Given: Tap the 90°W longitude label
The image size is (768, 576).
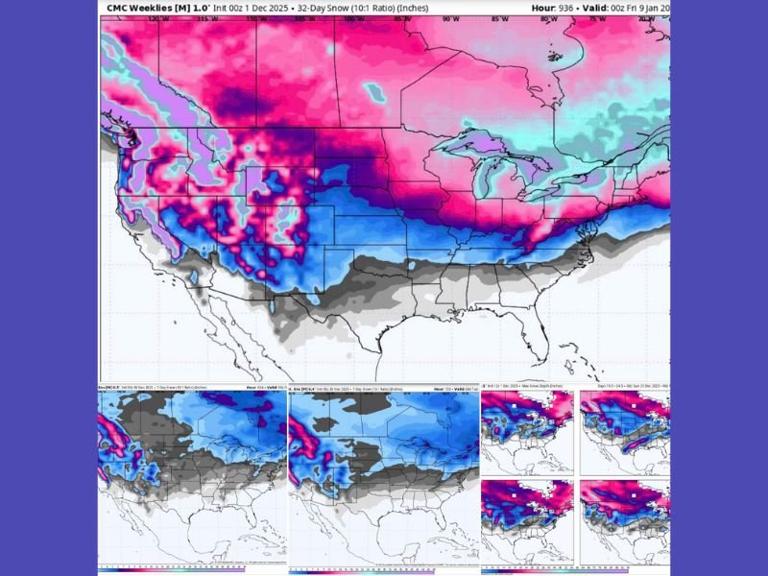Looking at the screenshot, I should pyautogui.click(x=446, y=18).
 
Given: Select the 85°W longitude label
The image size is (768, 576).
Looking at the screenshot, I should pyautogui.click(x=498, y=18).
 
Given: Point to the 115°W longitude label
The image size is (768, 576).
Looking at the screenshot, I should pyautogui.click(x=202, y=18).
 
